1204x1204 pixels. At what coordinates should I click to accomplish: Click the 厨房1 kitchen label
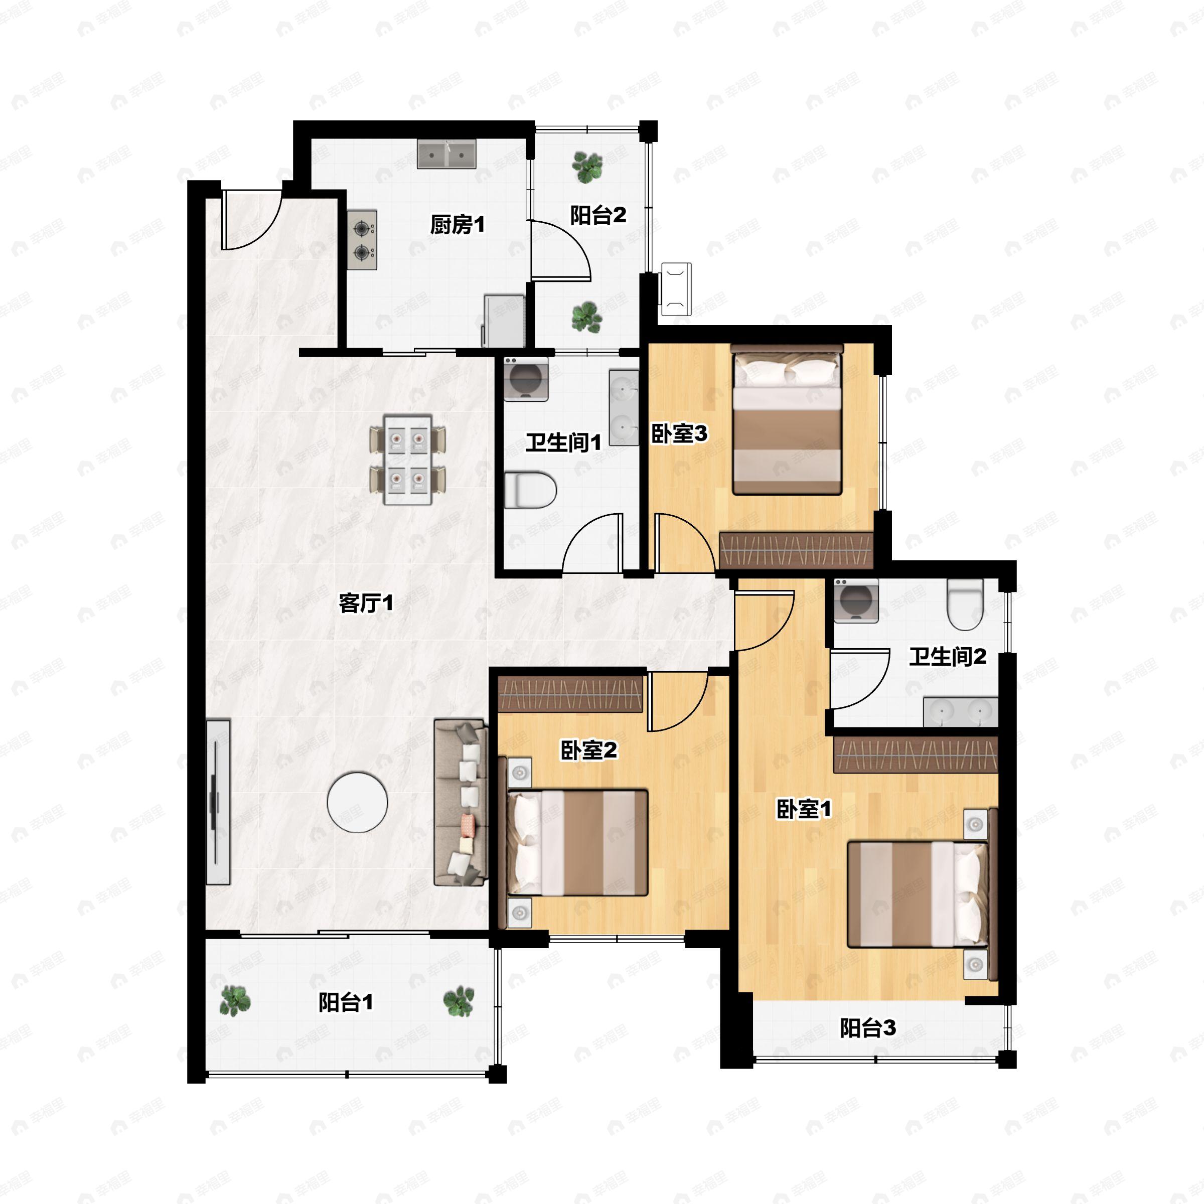pos(457,224)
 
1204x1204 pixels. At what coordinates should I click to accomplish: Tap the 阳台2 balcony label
pos(597,215)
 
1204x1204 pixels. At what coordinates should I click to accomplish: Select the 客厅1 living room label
pos(366,603)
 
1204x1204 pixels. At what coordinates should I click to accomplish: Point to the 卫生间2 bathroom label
pos(947,656)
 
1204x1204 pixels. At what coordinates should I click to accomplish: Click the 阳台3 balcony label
pos(867,1027)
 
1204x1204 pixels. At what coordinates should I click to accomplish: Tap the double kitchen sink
pos(446,154)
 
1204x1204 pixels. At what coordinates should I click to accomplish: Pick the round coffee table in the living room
pos(358,802)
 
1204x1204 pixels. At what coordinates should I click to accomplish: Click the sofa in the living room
pos(461,802)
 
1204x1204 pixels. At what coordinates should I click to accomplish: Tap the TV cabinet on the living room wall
pos(218,802)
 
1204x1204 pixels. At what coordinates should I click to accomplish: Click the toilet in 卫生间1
pos(530,490)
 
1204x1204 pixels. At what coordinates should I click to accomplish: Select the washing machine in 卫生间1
pos(526,378)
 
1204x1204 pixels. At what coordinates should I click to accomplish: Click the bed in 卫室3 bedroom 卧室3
pos(787,424)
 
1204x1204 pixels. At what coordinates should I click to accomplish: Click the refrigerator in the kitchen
pos(504,321)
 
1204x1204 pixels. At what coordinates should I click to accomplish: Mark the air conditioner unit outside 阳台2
pos(676,288)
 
